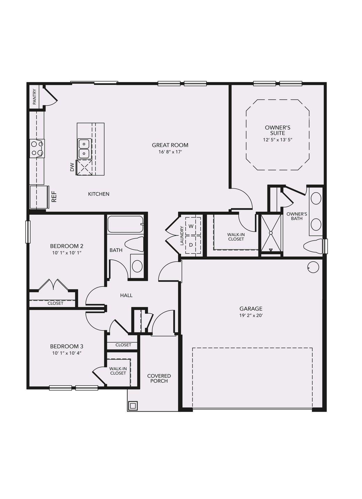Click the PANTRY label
coord(34,97)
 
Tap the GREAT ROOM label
coord(170,145)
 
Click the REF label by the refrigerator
coord(54,197)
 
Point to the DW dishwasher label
coord(72,167)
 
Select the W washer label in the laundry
coord(191,226)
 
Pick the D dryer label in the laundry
coord(191,244)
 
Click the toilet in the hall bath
coord(134,244)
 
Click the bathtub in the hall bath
coord(125,224)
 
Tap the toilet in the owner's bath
coord(313,247)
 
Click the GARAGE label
coord(251,309)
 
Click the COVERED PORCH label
coord(159,378)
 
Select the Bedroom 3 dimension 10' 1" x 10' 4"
coord(67,353)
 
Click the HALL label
coord(126,295)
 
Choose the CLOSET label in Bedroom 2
coord(55,303)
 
